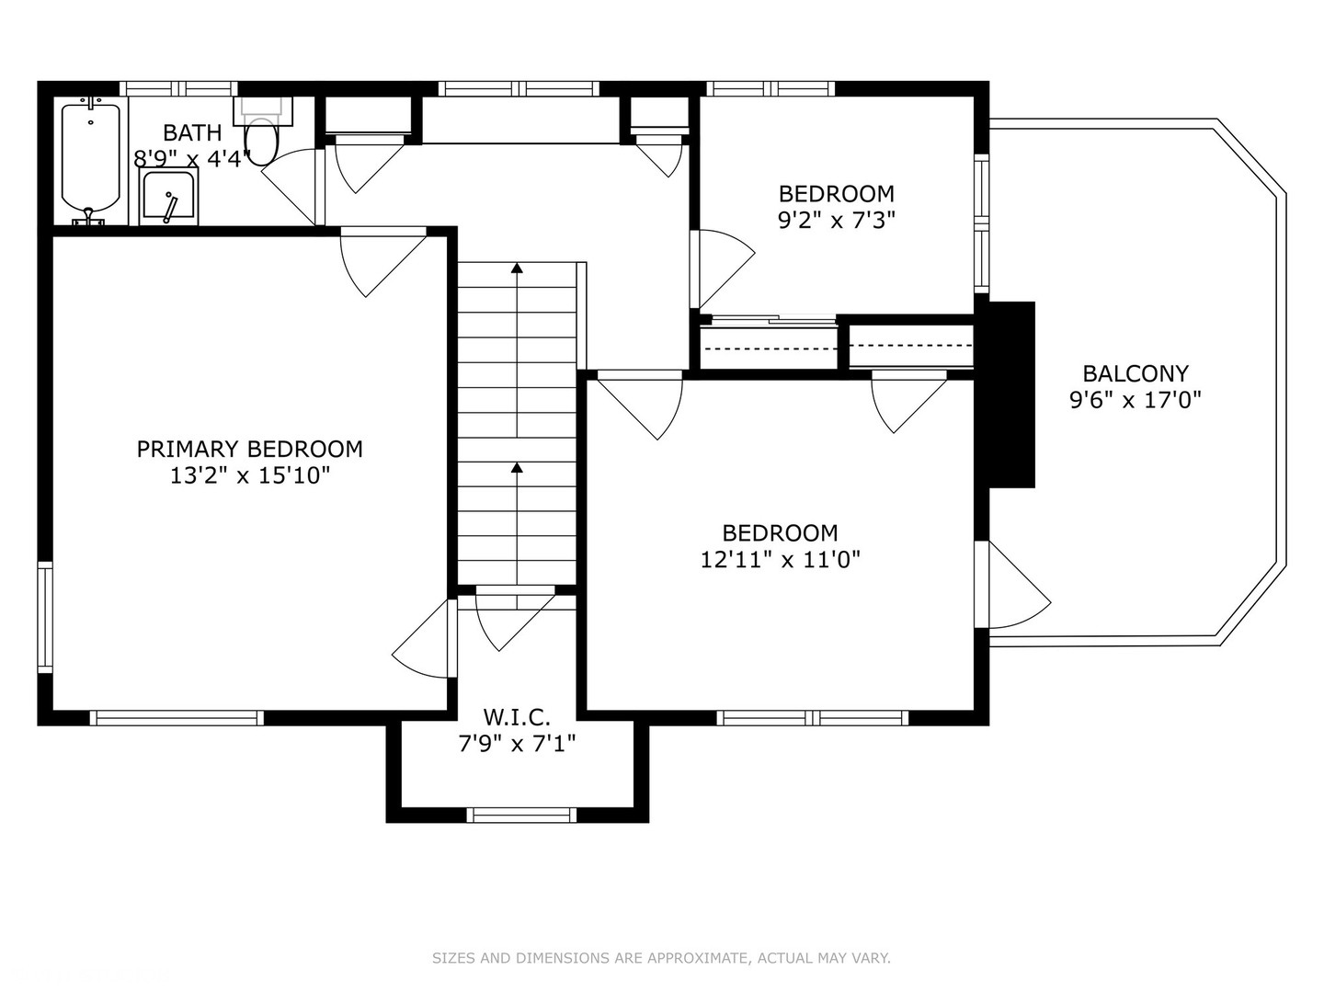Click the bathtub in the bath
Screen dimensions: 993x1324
pos(90,158)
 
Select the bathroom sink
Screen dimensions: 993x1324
pos(168,197)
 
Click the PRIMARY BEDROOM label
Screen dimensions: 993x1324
pos(249,449)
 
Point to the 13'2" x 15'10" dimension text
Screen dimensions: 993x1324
pos(249,476)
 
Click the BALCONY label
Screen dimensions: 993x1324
pos(1136,373)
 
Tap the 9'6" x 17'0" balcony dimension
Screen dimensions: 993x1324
pos(1136,400)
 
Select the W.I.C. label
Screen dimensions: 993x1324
pos(517,716)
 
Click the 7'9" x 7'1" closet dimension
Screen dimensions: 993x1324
pos(517,743)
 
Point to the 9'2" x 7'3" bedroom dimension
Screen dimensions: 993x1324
pos(836,221)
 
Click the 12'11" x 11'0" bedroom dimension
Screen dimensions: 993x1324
pos(780,560)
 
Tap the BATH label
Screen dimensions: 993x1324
pos(192,132)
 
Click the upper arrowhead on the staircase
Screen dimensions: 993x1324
pos(517,268)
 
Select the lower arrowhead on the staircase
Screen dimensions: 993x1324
pos(517,468)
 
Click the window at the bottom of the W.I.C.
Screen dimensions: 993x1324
pos(521,815)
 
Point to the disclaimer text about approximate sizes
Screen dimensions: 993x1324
pos(661,958)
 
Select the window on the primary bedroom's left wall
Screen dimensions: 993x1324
pos(44,616)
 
